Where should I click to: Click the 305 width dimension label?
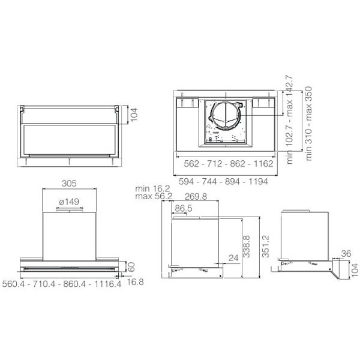tap(69, 184)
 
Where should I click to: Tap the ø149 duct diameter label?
tap(69, 202)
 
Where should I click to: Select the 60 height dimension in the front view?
tap(131, 267)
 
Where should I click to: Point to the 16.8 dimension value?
tap(135, 282)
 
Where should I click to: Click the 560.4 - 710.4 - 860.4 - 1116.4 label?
tap(62, 284)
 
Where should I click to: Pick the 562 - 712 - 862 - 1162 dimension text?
tap(229, 164)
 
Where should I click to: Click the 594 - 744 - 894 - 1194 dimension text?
tap(223, 182)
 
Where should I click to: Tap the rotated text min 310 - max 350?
tap(309, 124)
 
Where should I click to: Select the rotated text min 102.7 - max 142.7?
tap(290, 119)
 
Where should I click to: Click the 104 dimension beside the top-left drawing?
tap(134, 115)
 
